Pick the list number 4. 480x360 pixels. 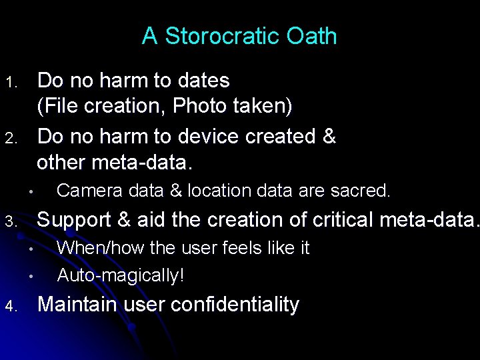10,307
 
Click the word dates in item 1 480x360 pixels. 203,81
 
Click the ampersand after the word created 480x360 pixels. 329,136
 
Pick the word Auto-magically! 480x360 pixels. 121,275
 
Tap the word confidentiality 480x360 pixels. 235,304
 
